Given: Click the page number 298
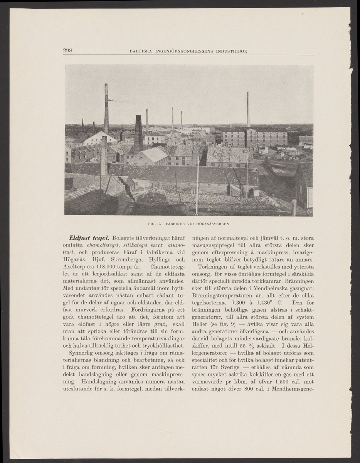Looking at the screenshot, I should (67, 50).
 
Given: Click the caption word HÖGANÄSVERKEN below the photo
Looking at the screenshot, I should (209, 223).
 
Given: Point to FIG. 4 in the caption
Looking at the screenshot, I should (154, 223).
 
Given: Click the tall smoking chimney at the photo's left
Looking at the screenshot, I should (106, 109).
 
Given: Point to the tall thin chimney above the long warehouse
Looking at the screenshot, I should (248, 110).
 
